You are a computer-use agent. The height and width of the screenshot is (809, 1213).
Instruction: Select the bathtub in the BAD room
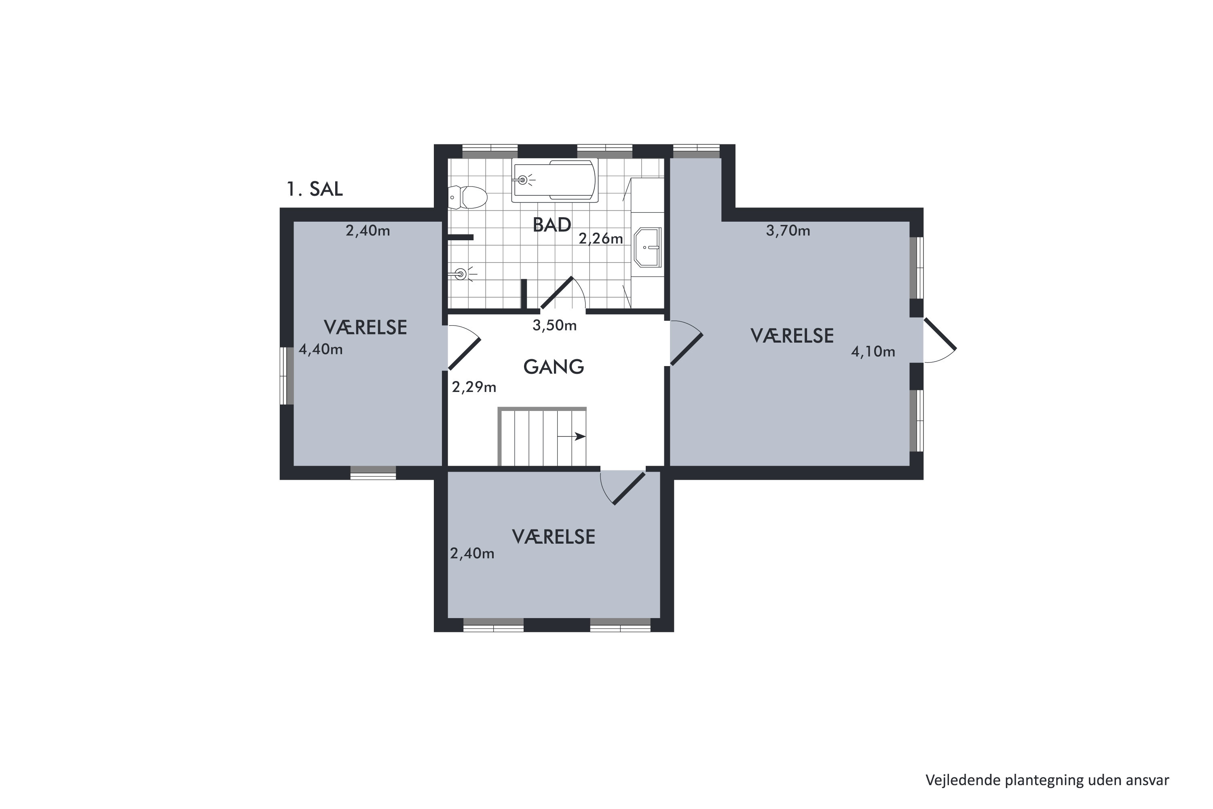click(554, 180)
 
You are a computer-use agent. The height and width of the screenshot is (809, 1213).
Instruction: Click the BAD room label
click(552, 225)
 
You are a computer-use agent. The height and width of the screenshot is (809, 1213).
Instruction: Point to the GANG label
click(554, 367)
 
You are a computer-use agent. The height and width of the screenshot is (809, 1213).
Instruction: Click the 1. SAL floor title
click(315, 189)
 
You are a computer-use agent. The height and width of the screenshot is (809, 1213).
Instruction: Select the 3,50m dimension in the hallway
click(554, 326)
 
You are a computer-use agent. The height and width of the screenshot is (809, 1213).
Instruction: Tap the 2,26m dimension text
click(601, 238)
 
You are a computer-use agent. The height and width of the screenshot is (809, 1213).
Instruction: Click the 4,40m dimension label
click(321, 349)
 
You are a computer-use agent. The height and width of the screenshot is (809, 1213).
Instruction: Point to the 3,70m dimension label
click(788, 231)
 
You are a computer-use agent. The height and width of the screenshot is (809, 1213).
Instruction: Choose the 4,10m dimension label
click(873, 352)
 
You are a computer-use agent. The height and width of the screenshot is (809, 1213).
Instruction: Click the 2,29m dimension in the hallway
click(474, 387)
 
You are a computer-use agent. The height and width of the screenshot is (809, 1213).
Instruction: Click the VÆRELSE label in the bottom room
click(554, 537)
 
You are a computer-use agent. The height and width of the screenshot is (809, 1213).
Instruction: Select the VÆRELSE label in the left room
click(365, 328)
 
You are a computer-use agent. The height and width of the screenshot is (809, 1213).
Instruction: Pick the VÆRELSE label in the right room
click(792, 336)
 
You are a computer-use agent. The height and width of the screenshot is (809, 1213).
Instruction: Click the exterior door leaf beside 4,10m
click(940, 334)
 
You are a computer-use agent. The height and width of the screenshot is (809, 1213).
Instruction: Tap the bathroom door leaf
click(556, 294)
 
